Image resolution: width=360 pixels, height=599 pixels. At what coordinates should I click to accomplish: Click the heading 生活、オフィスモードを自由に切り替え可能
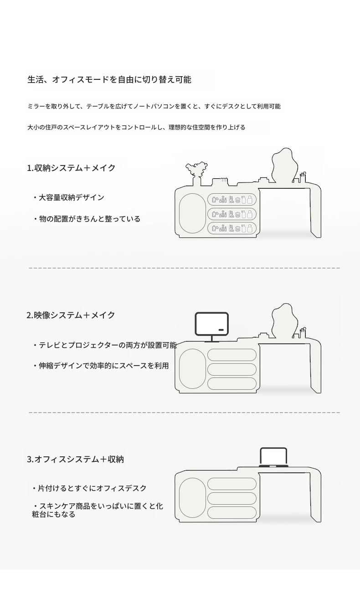pyautogui.click(x=109, y=79)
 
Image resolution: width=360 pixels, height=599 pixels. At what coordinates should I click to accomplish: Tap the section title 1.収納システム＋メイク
pyautogui.click(x=72, y=168)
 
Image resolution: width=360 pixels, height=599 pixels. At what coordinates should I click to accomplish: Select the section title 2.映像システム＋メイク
pyautogui.click(x=71, y=315)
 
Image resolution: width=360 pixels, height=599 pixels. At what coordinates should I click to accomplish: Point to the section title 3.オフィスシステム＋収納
pyautogui.click(x=75, y=459)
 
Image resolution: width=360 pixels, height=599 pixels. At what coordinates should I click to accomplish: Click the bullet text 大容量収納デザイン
pyautogui.click(x=69, y=197)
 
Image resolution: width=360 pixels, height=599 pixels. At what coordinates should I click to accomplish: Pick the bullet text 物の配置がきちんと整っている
pyautogui.click(x=87, y=219)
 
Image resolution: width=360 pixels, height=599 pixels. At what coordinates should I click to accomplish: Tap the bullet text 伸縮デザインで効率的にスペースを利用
pyautogui.click(x=101, y=366)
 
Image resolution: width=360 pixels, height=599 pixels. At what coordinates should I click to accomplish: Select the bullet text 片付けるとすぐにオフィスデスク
pyautogui.click(x=89, y=488)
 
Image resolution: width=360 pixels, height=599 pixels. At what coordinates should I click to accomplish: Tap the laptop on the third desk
pyautogui.click(x=273, y=457)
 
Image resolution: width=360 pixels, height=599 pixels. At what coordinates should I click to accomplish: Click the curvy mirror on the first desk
pyautogui.click(x=284, y=165)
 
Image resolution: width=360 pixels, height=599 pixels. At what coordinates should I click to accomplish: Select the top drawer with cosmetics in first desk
pyautogui.click(x=231, y=200)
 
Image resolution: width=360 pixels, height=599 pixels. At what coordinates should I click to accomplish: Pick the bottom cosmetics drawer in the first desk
pyautogui.click(x=231, y=228)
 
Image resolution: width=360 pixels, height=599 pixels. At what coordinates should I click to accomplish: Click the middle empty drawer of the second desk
pyautogui.click(x=231, y=369)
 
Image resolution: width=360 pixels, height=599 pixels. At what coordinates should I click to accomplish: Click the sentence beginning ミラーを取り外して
pyautogui.click(x=154, y=106)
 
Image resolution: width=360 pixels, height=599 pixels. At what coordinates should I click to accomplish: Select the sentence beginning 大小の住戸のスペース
pyautogui.click(x=136, y=127)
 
